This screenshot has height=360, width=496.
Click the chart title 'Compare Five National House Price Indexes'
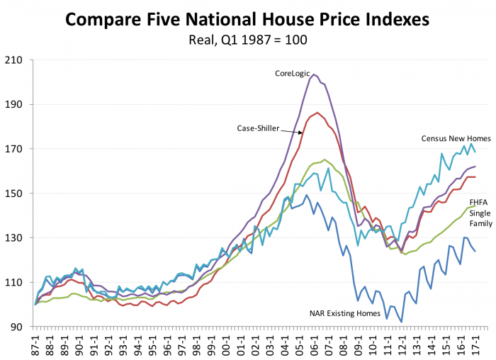pos(248,19)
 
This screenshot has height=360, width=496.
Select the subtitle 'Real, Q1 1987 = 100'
pos(248,40)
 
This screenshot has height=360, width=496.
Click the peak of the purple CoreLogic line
pos(314,74)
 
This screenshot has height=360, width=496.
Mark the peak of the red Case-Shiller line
pos(317,112)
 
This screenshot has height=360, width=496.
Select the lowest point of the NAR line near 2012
pos(402,322)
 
